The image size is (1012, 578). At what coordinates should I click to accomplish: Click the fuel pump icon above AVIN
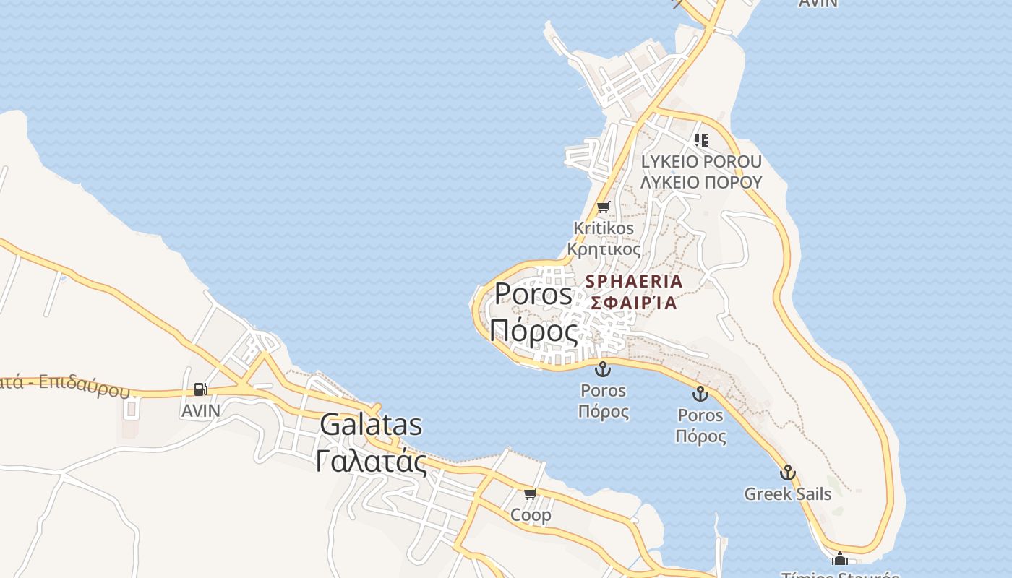tap(200, 389)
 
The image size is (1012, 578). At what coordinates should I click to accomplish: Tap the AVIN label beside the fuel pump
tap(200, 410)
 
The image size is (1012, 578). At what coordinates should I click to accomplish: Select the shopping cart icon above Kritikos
tap(604, 207)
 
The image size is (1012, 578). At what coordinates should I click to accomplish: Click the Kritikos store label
tap(604, 228)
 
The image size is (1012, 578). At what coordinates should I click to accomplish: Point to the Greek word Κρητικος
tap(604, 249)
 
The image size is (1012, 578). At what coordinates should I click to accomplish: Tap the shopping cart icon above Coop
tap(531, 494)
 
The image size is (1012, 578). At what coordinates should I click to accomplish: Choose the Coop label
tap(531, 515)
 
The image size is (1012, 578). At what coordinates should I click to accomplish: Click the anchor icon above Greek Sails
tap(787, 473)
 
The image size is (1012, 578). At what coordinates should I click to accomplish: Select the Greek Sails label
tap(787, 494)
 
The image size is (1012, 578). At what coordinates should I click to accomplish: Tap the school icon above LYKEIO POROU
tap(701, 139)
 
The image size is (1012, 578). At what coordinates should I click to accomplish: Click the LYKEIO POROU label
tap(701, 161)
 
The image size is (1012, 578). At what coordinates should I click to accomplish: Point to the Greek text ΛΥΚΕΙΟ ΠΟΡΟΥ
tap(701, 181)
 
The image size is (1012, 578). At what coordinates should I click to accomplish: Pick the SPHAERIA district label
tap(634, 281)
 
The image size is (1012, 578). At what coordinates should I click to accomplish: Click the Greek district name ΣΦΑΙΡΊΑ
tap(634, 303)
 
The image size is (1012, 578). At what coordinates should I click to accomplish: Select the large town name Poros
tap(533, 294)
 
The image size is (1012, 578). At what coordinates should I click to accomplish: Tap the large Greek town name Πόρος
tap(533, 331)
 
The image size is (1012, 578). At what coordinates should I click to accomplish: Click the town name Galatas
tap(371, 425)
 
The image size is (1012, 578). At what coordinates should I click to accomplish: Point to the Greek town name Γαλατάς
tap(371, 461)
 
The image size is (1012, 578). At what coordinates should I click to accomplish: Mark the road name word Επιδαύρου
tap(84, 387)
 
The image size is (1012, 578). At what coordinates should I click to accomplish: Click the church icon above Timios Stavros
tap(839, 558)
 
